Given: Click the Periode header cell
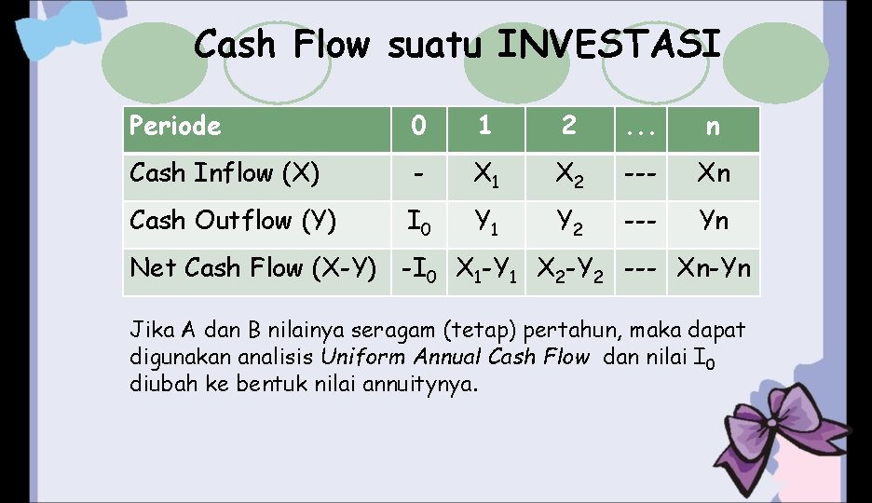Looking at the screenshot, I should point(176,127).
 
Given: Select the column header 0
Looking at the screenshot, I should point(419,128).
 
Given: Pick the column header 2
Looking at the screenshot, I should point(569,128).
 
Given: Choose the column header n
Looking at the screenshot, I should point(713,128).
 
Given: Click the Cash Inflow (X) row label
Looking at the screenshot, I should point(225,174).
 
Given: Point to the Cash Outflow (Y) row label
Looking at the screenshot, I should point(234,222).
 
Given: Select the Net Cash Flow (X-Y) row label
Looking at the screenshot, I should point(252,269).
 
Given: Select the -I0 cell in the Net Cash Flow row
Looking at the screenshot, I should point(418,270).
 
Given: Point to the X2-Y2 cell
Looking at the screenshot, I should point(570,270).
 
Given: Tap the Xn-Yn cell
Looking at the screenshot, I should point(714,270).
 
